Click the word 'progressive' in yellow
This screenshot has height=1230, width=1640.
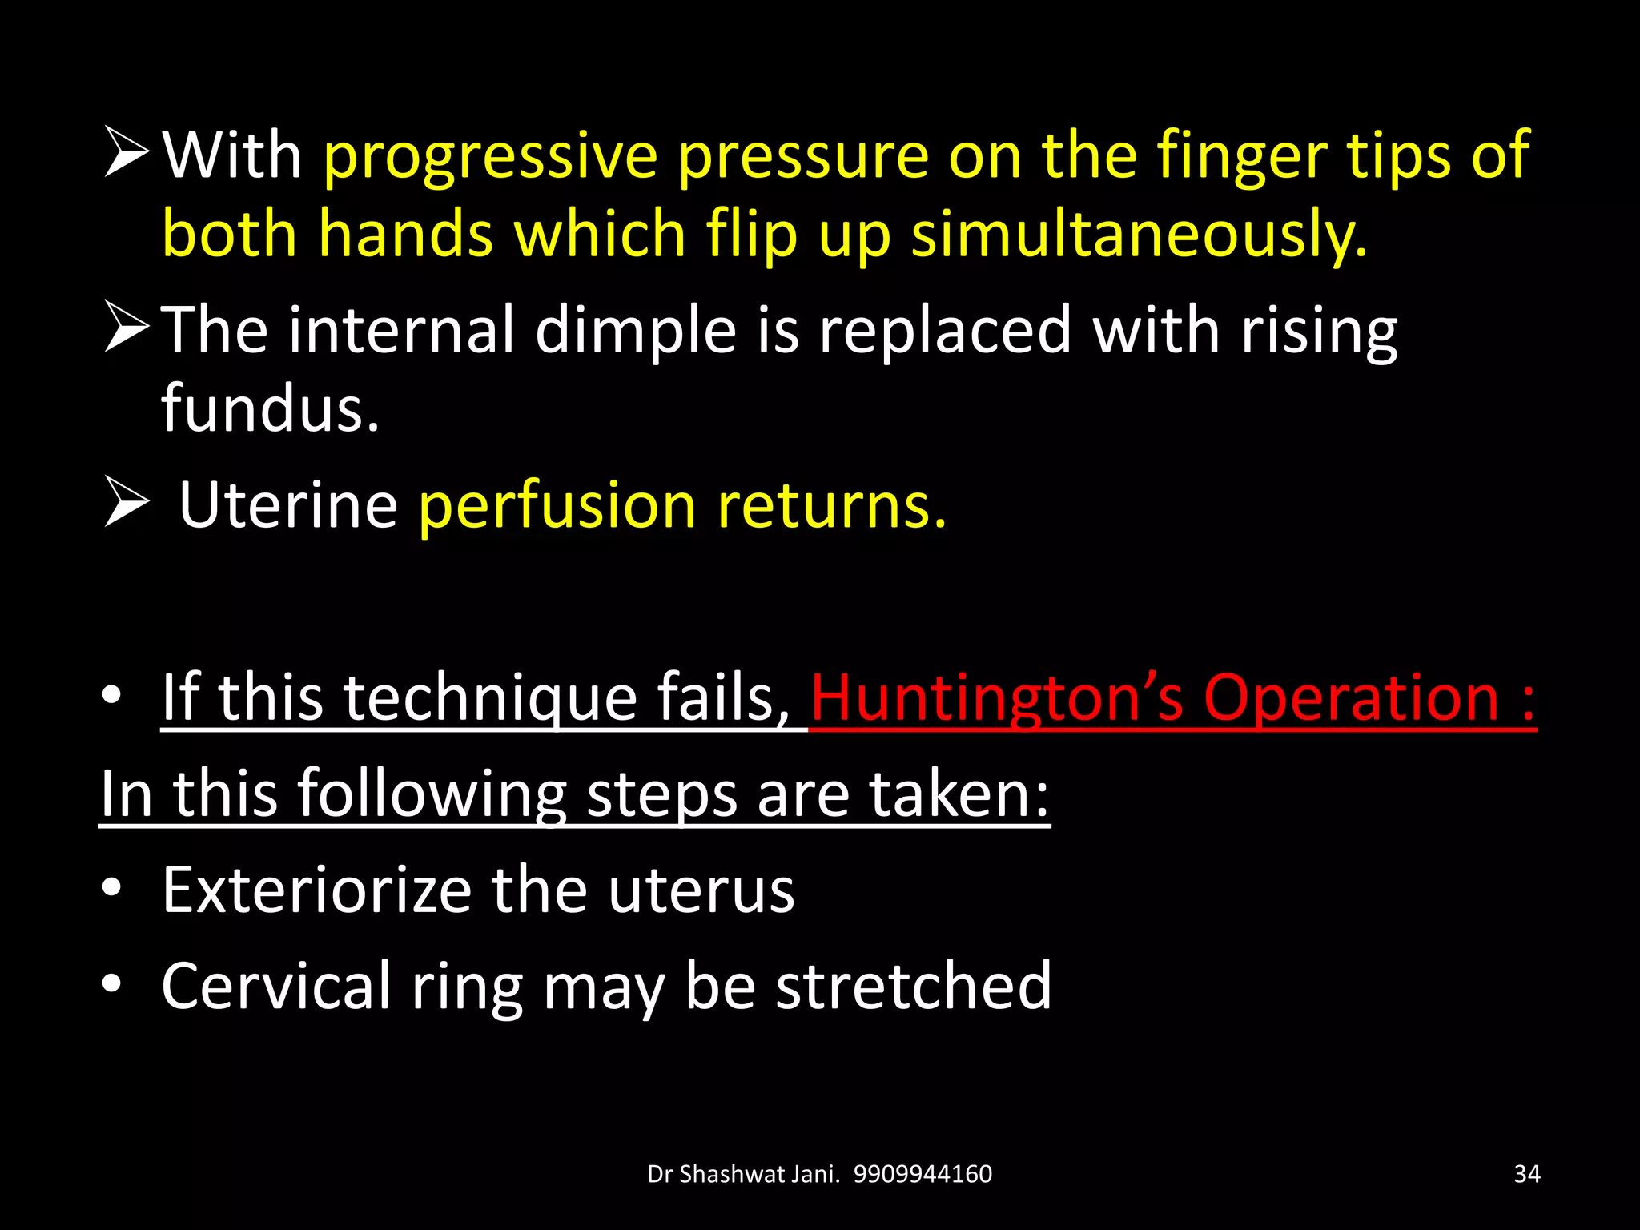490,156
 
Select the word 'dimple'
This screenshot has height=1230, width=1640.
635,330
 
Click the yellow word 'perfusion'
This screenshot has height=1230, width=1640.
557,506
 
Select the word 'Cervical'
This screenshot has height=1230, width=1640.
275,986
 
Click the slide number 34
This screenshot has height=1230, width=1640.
1527,1174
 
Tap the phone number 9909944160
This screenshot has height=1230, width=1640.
922,1174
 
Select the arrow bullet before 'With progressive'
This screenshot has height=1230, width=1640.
127,153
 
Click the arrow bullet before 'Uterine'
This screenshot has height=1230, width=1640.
127,504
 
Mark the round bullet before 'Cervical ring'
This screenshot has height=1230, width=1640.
112,983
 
